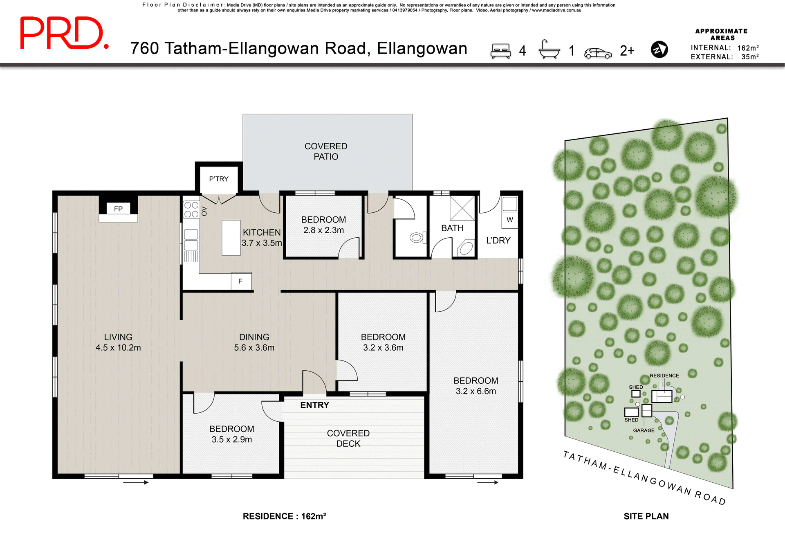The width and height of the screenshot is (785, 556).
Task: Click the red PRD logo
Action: pos(64,33)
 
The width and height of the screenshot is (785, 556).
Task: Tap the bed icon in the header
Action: pos(501,51)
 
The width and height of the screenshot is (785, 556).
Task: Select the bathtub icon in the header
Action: pos(549,50)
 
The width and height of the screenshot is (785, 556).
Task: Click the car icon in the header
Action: pos(598,53)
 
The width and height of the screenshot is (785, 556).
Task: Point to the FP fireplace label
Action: pos(118,209)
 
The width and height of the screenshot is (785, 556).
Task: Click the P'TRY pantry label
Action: pos(219,179)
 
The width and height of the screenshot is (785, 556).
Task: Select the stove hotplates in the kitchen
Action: pos(191,209)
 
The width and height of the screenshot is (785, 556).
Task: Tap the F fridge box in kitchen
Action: pos(241,281)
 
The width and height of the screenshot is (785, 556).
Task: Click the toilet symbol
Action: pos(417,238)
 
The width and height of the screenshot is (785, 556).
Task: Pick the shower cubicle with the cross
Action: pos(462,208)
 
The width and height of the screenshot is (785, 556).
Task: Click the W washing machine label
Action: pos(509,220)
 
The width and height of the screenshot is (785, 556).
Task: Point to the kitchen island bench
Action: pos(231,238)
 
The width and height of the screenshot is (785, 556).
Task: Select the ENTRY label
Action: pos(314,405)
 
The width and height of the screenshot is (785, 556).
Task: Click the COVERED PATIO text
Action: pos(326,151)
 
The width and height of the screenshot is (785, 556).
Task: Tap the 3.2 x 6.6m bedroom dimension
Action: pos(475,391)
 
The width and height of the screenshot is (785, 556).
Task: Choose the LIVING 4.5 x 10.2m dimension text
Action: pos(118,348)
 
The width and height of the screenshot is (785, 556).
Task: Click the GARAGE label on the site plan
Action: pos(644,430)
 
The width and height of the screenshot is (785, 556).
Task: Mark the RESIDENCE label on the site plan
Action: pos(664,376)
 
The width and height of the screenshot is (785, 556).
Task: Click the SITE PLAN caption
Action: pos(646,516)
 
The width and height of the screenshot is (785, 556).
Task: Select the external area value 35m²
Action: pos(750,57)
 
